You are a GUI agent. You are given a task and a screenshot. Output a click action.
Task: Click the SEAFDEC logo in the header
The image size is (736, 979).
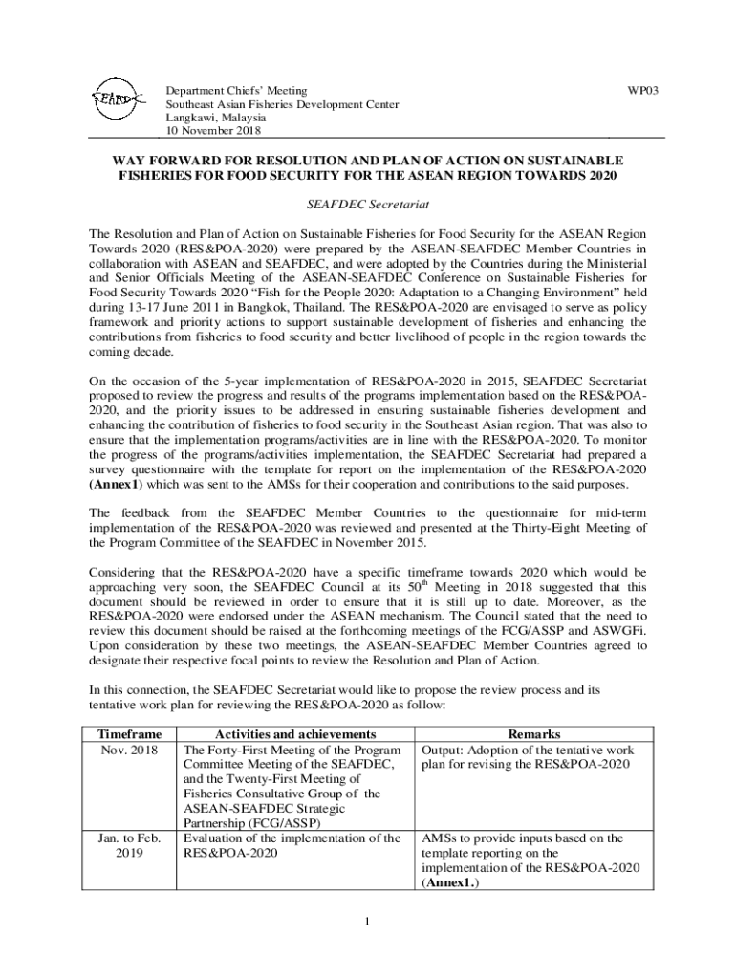click(x=118, y=98)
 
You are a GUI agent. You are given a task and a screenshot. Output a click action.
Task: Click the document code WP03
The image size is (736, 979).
click(x=642, y=91)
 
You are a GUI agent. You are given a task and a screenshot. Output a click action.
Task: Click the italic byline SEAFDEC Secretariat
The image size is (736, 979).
click(x=367, y=205)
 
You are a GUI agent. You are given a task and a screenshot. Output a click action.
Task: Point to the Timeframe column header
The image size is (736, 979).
click(x=130, y=733)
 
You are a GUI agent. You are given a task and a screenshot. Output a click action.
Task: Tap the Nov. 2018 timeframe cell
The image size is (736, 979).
click(x=130, y=750)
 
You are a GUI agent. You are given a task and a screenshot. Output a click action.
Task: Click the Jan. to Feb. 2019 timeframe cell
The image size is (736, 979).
click(x=130, y=846)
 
